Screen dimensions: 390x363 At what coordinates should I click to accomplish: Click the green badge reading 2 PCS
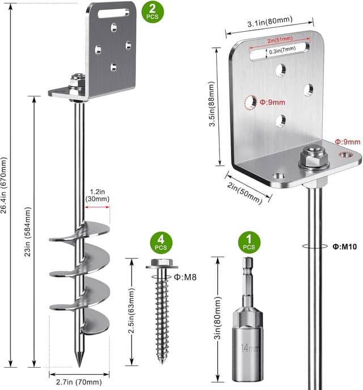(151, 11)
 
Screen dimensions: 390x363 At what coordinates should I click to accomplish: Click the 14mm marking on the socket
(245, 347)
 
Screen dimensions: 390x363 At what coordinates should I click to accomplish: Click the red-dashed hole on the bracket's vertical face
(250, 103)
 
